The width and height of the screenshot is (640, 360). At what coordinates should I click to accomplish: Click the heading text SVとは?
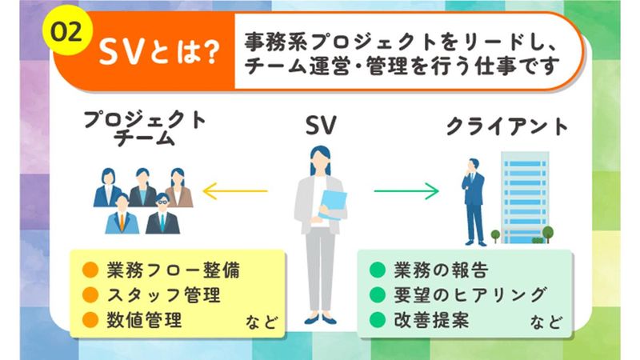pyautogui.click(x=159, y=53)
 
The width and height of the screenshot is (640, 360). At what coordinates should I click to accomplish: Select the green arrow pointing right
pyautogui.click(x=406, y=191)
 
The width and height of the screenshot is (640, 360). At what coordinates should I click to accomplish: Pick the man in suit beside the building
pyautogui.click(x=474, y=200)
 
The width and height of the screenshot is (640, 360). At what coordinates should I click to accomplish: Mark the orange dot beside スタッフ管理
pyautogui.click(x=90, y=294)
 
